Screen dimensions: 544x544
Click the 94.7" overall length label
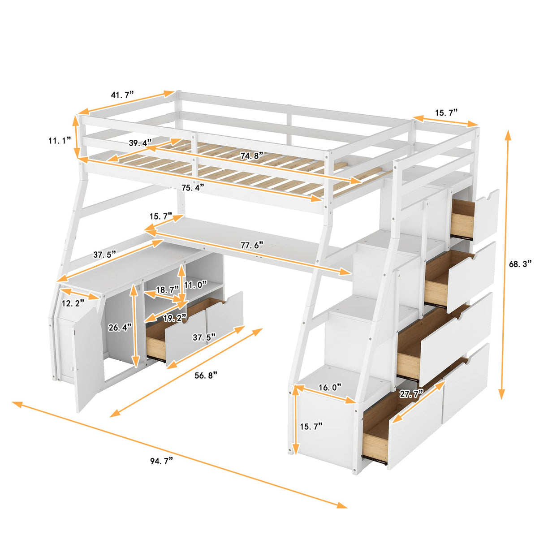[x=161, y=461]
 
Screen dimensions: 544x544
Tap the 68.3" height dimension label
[x=520, y=264]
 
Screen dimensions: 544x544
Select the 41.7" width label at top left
[x=122, y=95]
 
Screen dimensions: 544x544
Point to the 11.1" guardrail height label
[x=60, y=141]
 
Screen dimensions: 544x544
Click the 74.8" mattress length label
[x=251, y=156]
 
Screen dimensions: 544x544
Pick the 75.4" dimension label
[x=193, y=187]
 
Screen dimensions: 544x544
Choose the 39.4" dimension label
[x=140, y=143]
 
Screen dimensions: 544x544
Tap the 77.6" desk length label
[x=252, y=245]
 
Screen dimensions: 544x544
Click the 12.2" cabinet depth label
[x=73, y=303]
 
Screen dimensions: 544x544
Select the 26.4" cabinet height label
[x=120, y=328]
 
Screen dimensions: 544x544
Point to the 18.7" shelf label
[x=167, y=289]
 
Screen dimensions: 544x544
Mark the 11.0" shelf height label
[x=195, y=285]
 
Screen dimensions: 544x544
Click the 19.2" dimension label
[x=175, y=318]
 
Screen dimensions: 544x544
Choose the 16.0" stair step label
[x=330, y=387]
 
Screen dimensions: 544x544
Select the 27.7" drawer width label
[x=411, y=394]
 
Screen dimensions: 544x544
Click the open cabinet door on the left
[x=87, y=358]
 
